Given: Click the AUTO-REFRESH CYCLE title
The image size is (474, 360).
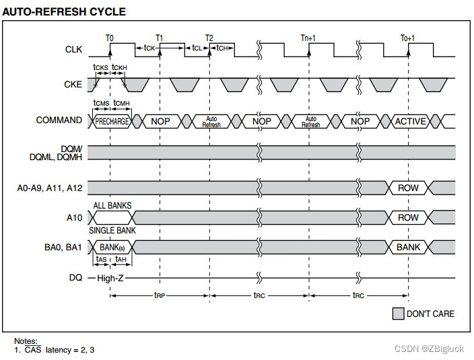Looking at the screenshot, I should (64, 12).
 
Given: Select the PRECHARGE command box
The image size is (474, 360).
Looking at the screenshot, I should (112, 121).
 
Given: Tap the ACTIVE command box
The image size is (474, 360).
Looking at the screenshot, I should (410, 121).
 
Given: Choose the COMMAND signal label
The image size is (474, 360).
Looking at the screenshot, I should (59, 120).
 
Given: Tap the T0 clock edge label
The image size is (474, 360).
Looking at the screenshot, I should (110, 38).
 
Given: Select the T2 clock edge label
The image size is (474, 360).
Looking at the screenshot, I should (209, 38).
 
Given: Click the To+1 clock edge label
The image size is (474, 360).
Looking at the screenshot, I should (408, 38).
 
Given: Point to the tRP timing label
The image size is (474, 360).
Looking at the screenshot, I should (160, 295).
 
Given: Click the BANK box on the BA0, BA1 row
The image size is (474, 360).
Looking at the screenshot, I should (408, 247).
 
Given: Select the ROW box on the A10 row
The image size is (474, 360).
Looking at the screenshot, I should (408, 217).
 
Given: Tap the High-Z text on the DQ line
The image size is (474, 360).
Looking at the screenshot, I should (110, 277).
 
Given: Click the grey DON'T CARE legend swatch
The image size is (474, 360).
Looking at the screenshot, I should (398, 314).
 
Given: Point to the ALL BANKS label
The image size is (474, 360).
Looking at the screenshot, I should (112, 205).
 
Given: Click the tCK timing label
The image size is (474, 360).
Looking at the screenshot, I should (149, 48).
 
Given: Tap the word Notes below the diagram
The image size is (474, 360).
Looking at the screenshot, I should (26, 341).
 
